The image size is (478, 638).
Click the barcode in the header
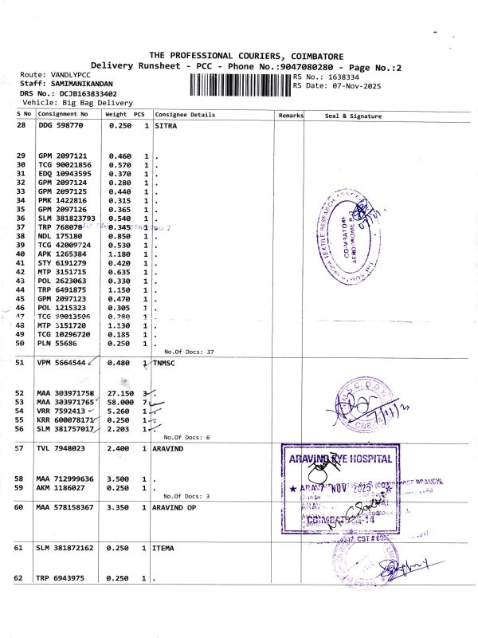point(240,85)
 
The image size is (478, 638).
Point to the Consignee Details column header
point(185,115)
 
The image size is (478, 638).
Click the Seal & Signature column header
point(353,116)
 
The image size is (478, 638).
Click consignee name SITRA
point(166,126)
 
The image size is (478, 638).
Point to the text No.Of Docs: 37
point(189,352)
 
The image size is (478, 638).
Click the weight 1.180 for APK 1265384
point(119,254)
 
